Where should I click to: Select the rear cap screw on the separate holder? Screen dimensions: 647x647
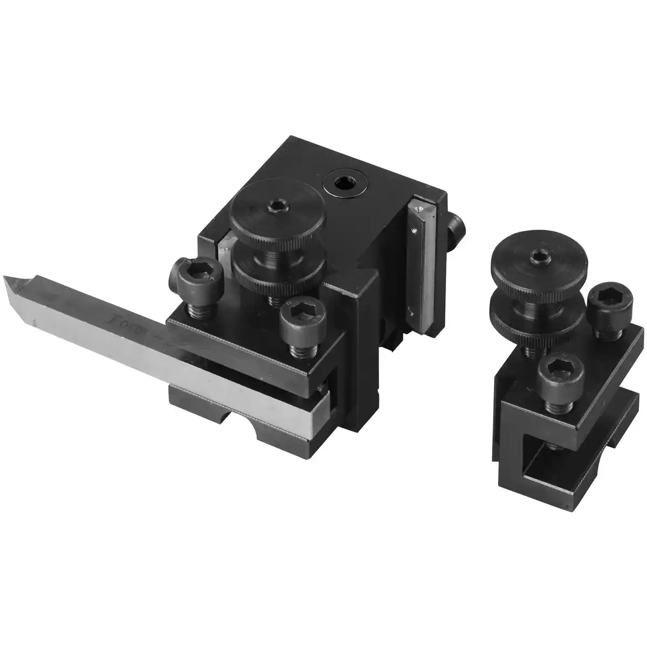tap(604, 304)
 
